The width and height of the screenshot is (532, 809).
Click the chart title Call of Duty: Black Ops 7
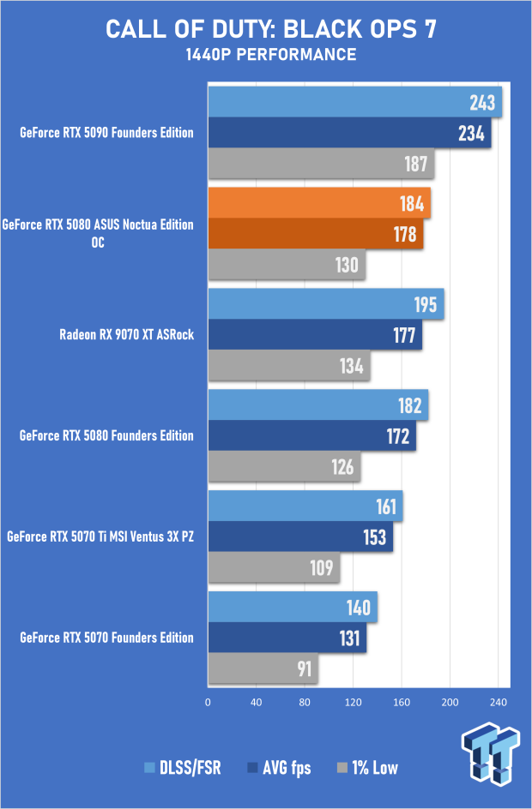coord(270,30)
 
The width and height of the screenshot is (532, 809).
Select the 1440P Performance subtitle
coord(270,55)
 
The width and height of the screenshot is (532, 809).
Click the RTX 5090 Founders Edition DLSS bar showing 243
coord(354,103)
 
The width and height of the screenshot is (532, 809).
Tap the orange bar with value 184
coord(318,203)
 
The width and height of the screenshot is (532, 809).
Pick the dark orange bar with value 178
coord(315,234)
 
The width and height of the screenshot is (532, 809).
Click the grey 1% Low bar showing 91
coord(263,669)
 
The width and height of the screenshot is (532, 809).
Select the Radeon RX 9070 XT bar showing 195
coord(325,304)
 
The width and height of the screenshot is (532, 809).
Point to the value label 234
coord(471,134)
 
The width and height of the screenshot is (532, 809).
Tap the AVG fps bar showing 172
coord(311,436)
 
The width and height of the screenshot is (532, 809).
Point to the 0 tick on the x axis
coord(208,702)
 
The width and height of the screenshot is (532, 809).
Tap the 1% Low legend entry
coord(370,768)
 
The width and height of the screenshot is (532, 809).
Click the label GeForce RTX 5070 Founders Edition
coord(106,638)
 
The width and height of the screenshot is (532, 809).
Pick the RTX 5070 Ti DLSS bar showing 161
coord(305,506)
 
